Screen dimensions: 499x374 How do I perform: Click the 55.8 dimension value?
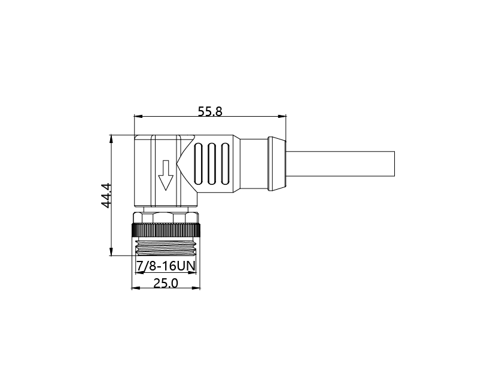pyautogui.click(x=210, y=111)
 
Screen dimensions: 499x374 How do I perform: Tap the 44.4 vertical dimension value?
pyautogui.click(x=107, y=196)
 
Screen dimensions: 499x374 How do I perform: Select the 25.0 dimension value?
pyautogui.click(x=166, y=283)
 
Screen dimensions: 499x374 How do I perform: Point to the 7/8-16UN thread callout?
pyautogui.click(x=166, y=266)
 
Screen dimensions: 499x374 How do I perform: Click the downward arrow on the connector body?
pyautogui.click(x=166, y=175)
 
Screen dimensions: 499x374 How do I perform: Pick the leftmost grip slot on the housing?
pyautogui.click(x=198, y=164)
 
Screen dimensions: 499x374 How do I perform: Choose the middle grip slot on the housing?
pyautogui.click(x=212, y=164)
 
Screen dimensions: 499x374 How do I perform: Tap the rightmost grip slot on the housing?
pyautogui.click(x=225, y=164)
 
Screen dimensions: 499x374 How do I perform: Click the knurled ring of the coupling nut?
pyautogui.click(x=166, y=230)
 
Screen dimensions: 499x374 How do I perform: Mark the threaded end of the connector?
pyautogui.click(x=166, y=248)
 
